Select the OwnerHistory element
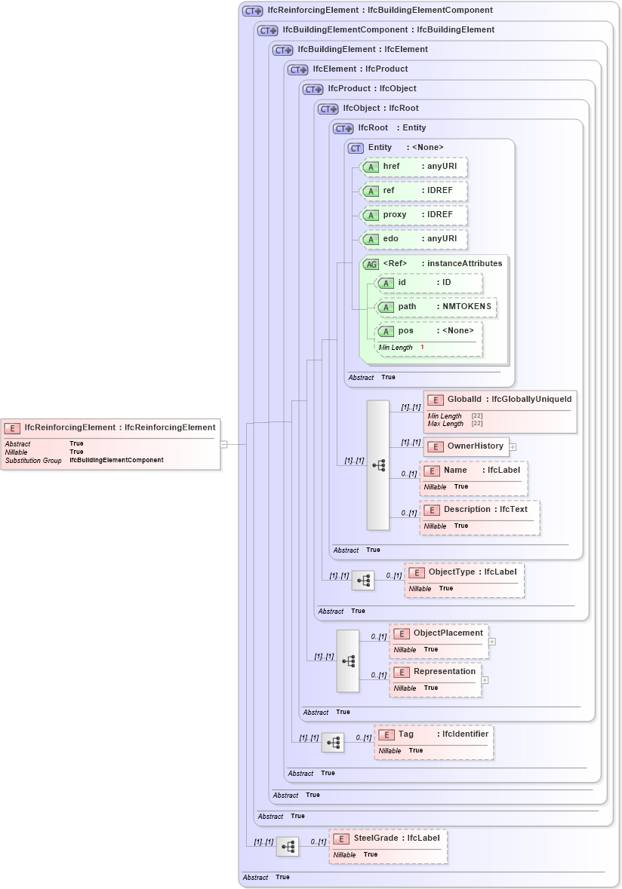click(x=466, y=446)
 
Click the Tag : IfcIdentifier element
click(x=433, y=734)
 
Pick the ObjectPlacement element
click(x=439, y=633)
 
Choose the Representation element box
click(x=435, y=672)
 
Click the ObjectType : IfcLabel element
click(x=463, y=572)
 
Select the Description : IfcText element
click(x=479, y=510)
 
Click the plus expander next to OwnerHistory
click(x=513, y=446)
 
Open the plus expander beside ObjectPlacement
click(x=492, y=642)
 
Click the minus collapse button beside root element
click(x=223, y=444)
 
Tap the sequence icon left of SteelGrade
click(x=288, y=847)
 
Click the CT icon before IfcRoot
click(x=343, y=128)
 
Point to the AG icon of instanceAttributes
click(x=371, y=264)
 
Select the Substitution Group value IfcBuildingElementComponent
click(x=116, y=460)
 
